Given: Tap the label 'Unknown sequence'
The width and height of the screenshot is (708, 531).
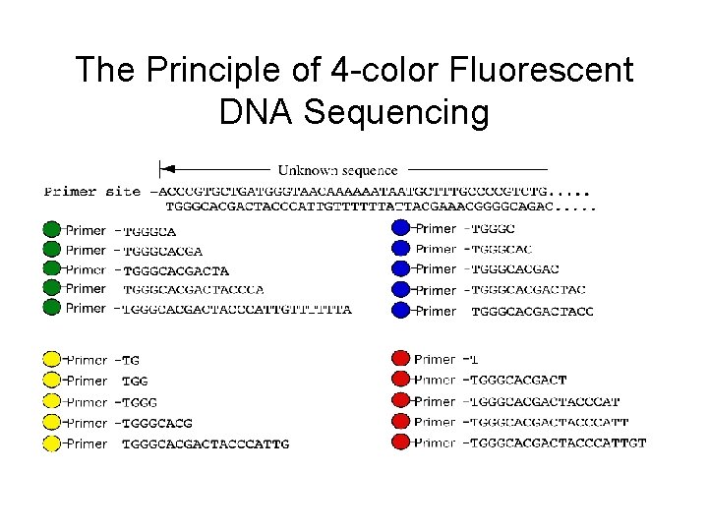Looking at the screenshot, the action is (x=337, y=170).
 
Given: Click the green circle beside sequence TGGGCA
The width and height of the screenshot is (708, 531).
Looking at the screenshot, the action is (x=52, y=230).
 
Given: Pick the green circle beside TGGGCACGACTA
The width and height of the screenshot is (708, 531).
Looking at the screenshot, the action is (x=52, y=268).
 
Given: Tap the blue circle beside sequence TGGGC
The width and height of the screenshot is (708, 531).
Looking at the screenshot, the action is (x=400, y=228).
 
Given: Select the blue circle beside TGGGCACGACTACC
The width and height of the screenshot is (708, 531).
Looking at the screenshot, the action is (x=400, y=311).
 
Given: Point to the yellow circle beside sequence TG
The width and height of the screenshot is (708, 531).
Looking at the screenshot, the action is (x=52, y=359).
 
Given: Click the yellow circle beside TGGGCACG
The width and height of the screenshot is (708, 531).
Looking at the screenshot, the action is (x=52, y=423).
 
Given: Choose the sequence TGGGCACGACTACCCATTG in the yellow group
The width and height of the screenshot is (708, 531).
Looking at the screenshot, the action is (x=206, y=444).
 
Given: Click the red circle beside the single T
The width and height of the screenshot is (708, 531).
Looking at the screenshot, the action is (x=400, y=359).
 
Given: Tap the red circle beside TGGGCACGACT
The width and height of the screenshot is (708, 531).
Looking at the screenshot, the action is (x=400, y=381).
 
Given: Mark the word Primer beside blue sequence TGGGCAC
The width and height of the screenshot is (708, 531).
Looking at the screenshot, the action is (x=437, y=249).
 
